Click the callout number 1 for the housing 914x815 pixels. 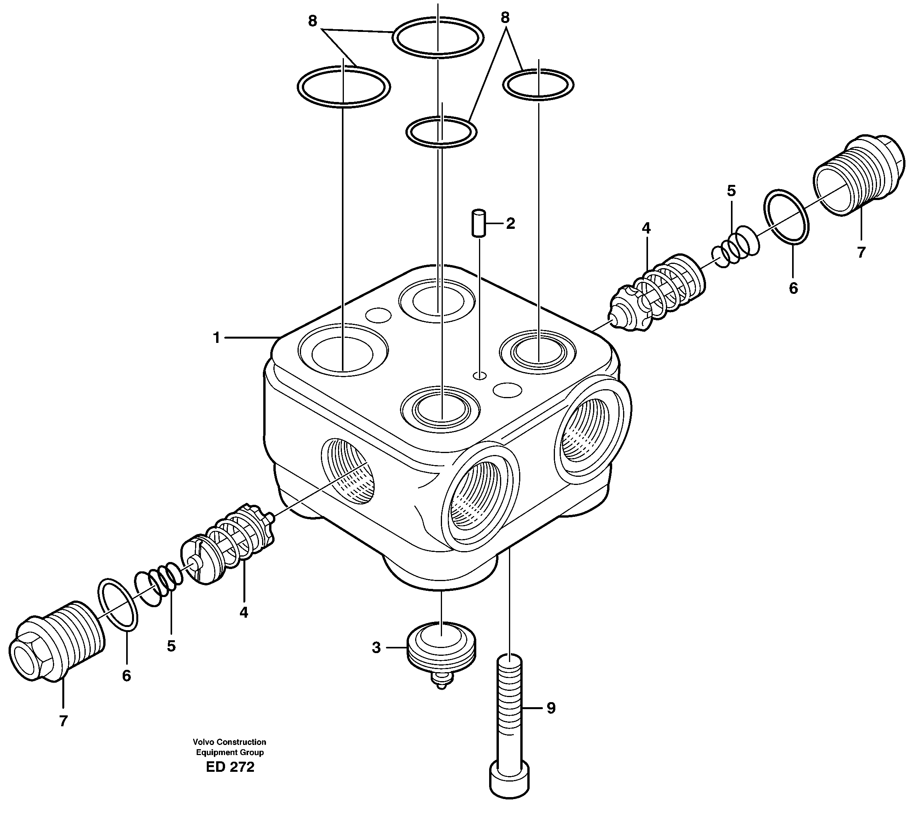point(217,338)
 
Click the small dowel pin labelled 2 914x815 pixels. point(479,223)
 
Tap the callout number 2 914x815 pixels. point(510,223)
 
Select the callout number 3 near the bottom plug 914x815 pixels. point(376,648)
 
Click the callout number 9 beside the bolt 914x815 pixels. point(551,708)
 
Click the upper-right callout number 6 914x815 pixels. point(793,288)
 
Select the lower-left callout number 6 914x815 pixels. point(126,676)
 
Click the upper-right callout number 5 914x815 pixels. point(731,191)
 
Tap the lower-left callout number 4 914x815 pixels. point(243,612)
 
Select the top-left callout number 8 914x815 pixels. point(312,21)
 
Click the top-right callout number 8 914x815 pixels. point(505,18)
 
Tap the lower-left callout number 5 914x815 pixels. point(171,646)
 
